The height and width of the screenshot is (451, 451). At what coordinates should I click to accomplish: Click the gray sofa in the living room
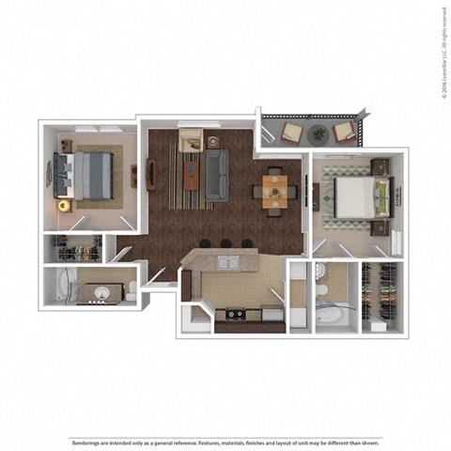pos(217,175)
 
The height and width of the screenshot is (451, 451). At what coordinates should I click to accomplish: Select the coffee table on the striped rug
pos(191,175)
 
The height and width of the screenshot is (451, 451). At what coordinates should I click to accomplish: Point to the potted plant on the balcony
pos(319,134)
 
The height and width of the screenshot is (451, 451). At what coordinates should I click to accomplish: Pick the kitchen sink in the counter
pos(228,262)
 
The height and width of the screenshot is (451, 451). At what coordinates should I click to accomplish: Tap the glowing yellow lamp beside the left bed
pos(64,205)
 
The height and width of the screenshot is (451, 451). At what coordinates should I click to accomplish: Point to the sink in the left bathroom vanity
pos(97,292)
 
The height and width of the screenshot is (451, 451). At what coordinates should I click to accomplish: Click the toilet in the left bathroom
pos(131,289)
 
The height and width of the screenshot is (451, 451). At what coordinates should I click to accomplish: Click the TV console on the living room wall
pos(151,175)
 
